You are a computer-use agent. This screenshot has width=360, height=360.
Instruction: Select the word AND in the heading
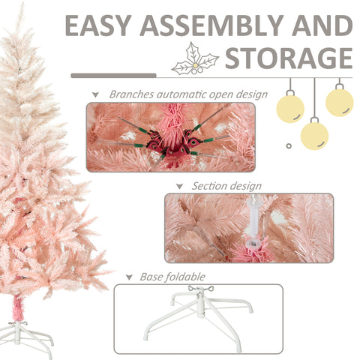(320, 26)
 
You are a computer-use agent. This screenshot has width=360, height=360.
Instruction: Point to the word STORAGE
(289, 58)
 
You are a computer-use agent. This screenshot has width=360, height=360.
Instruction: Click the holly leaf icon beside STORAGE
(194, 61)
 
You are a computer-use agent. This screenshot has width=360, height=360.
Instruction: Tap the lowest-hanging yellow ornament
(314, 135)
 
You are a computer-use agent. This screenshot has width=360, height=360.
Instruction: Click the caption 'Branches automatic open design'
(187, 95)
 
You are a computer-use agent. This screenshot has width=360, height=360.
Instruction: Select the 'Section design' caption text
(226, 186)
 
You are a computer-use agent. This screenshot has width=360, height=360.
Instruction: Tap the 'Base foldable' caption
(172, 277)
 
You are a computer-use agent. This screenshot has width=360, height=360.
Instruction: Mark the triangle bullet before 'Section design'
(179, 187)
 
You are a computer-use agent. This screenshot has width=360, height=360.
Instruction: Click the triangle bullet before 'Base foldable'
(130, 277)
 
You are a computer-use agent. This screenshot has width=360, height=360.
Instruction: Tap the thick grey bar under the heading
(112, 76)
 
